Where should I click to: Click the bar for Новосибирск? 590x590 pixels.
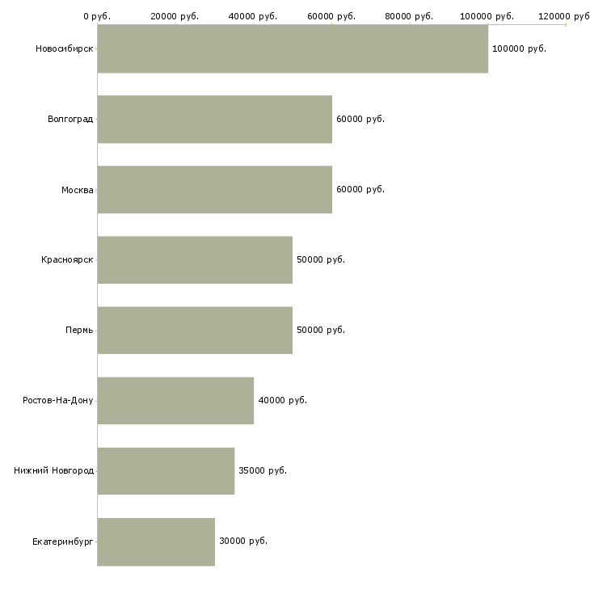coord(293,48)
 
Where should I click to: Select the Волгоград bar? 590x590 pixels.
coord(214,119)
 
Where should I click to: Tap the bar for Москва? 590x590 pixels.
coord(214,189)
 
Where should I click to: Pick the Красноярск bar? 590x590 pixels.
coord(195,259)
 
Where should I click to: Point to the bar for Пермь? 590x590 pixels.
coord(195,330)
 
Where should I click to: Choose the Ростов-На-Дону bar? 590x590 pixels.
coord(175,400)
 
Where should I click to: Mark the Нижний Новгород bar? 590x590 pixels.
coord(166,470)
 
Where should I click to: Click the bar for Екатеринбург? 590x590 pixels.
coord(156,541)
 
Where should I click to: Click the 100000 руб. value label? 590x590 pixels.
coord(519,48)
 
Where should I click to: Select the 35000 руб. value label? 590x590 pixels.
coord(263,470)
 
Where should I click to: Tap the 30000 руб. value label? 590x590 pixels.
coord(243,541)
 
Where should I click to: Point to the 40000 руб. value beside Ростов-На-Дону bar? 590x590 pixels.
coord(282,400)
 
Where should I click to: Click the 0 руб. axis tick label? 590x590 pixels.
coord(97,16)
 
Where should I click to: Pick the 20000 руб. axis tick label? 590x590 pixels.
coord(175,16)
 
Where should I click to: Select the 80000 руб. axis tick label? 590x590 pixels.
coord(409,16)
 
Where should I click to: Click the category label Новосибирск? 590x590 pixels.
coord(64,48)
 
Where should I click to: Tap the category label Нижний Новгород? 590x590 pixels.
coord(53,470)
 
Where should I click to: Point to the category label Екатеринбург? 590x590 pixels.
coord(63,541)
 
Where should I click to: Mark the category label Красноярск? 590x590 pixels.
coord(67,259)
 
